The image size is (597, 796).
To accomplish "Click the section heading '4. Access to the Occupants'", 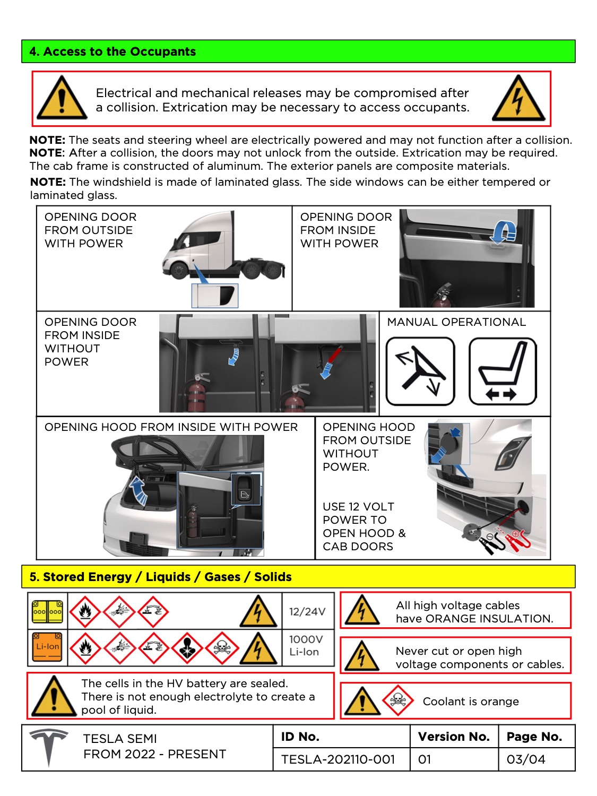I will pyautogui.click(x=113, y=51).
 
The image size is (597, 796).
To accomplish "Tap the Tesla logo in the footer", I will pyautogui.click(x=48, y=747).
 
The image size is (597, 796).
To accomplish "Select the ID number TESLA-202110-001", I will pyautogui.click(x=338, y=759).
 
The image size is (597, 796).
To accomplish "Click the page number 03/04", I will pyautogui.click(x=525, y=759).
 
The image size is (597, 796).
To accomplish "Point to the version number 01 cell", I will pyautogui.click(x=425, y=759).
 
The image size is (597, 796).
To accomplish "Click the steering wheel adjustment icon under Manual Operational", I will pyautogui.click(x=420, y=371).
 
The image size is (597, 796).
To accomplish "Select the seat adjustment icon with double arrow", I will pyautogui.click(x=503, y=371).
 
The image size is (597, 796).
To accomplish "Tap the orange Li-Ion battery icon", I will pyautogui.click(x=47, y=647).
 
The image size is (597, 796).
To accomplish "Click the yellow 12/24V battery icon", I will pyautogui.click(x=47, y=611).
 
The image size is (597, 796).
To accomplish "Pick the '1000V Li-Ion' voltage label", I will pyautogui.click(x=306, y=646).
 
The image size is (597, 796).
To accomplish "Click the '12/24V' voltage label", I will pyautogui.click(x=307, y=611).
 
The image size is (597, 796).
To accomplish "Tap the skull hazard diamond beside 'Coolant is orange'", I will pyautogui.click(x=397, y=701).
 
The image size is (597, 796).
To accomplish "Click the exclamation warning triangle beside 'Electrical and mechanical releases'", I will pyautogui.click(x=62, y=99).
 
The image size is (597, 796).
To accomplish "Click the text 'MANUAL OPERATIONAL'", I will pyautogui.click(x=456, y=322).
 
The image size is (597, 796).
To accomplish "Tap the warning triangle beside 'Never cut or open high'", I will pyautogui.click(x=361, y=656).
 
